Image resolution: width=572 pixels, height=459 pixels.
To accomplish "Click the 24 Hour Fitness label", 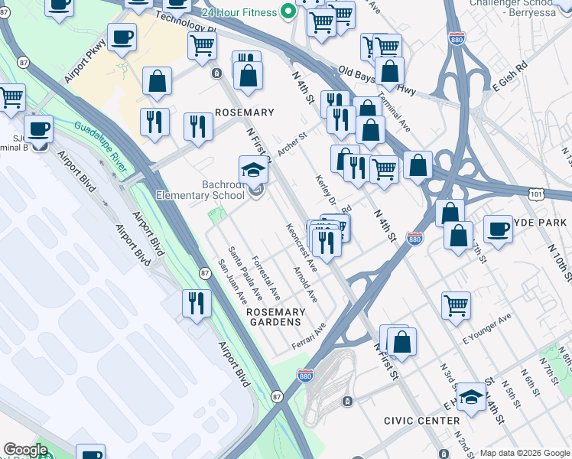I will pyautogui.click(x=239, y=12).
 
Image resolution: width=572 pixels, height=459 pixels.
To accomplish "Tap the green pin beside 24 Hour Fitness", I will pyautogui.click(x=288, y=11).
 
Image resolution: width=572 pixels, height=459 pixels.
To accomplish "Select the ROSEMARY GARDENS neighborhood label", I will pyautogui.click(x=275, y=317).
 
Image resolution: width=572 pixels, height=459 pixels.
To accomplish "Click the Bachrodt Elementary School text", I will pyautogui.click(x=200, y=190).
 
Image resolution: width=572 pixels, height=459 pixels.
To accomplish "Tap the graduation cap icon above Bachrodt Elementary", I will pyautogui.click(x=254, y=170).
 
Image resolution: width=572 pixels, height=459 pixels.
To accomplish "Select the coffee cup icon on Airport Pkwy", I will pyautogui.click(x=122, y=37).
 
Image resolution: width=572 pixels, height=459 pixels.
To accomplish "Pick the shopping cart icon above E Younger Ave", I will pyautogui.click(x=456, y=305).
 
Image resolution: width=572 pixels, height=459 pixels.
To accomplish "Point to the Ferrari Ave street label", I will pyautogui.click(x=308, y=337).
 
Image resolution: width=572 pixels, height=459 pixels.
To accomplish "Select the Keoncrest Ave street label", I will pyautogui.click(x=301, y=243).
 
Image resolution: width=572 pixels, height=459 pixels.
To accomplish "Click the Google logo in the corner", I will pyautogui.click(x=25, y=450).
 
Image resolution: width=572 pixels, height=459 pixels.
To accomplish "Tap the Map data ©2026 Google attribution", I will pyautogui.click(x=525, y=453).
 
